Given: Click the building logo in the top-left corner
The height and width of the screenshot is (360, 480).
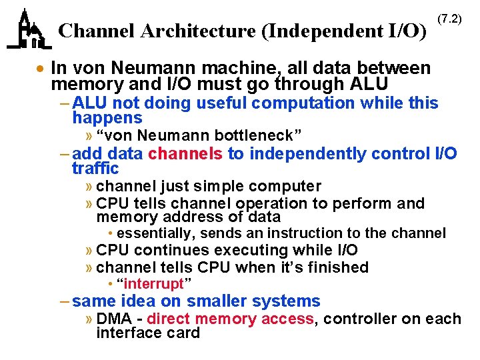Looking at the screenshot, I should tap(29, 30).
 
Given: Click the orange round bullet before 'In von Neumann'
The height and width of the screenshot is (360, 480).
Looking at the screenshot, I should tap(41, 69).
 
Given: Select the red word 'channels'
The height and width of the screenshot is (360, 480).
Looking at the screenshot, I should tap(185, 154).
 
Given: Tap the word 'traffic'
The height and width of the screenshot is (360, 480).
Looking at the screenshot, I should tap(95, 169).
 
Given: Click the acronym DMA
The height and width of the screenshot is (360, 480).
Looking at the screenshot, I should tap(113, 319).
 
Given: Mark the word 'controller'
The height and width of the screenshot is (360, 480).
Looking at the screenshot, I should tap(357, 319).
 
